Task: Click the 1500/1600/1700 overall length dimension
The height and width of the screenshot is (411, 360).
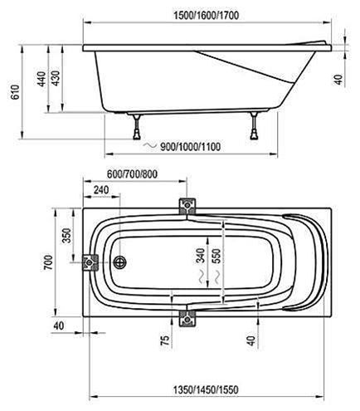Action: coord(206,15)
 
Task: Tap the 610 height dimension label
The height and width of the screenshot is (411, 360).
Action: coord(15,92)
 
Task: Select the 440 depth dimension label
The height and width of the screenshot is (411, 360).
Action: coord(41,79)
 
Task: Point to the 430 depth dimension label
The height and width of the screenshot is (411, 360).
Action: coord(56,78)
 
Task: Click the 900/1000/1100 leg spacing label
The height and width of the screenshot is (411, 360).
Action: coord(191,146)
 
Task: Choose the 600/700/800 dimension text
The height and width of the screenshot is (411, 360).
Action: coord(132,174)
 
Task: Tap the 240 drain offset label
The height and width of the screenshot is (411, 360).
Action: coord(101,190)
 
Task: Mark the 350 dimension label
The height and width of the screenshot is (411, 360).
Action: coord(66,236)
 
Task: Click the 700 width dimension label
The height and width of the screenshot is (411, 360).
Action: coord(48,262)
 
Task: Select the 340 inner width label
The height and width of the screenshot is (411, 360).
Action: coord(200,256)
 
